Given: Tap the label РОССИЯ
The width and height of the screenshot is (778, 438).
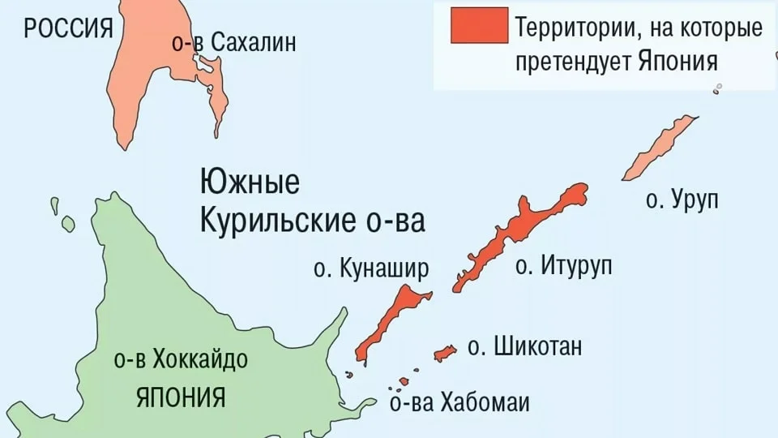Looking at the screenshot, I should pos(68,29).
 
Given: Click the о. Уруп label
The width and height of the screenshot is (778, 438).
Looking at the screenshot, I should pos(682,200).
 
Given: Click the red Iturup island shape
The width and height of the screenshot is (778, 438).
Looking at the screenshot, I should pos(519,235).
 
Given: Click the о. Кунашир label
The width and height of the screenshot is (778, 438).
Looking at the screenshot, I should pos(370,269).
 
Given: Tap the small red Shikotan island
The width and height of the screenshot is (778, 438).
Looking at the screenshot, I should pos(445,353).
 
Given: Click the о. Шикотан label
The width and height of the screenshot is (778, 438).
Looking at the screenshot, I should pos(525,348).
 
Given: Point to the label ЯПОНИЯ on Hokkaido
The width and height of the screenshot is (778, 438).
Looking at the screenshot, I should pos(180,398).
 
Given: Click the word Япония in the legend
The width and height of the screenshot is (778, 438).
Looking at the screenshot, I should pos(678,62).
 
